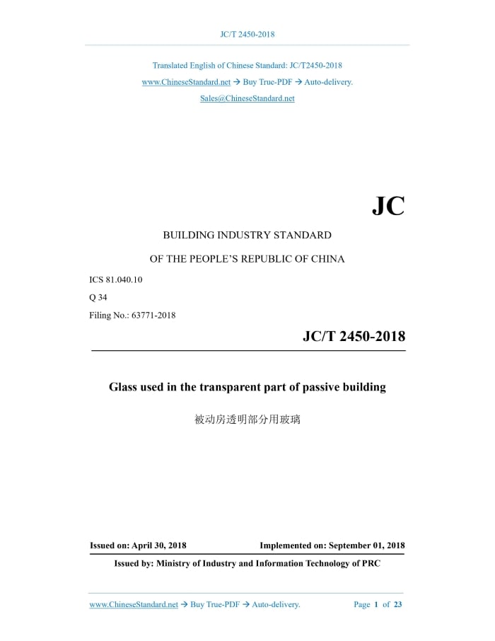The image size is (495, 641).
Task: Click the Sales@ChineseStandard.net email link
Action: point(247,98)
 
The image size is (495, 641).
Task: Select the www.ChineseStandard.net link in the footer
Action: point(134,604)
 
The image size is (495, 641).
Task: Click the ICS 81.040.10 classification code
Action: point(115,279)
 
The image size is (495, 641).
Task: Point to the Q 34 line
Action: point(98,297)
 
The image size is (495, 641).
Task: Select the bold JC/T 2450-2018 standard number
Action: point(354,336)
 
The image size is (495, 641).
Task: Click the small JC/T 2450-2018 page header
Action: point(247,34)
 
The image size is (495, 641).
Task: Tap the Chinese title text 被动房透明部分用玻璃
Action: point(247,420)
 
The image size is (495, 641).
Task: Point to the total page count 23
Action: point(397,604)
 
